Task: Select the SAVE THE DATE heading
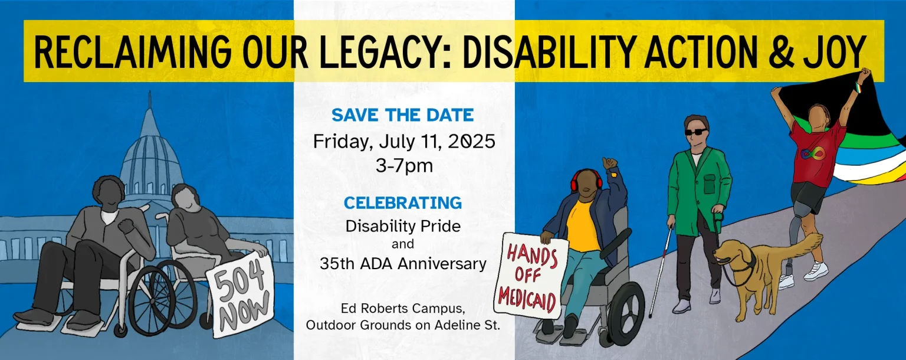tap(403, 114)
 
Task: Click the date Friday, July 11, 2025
tap(403, 142)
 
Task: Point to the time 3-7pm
tap(404, 166)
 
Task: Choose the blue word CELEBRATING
tap(403, 203)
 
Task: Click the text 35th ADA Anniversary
tap(403, 263)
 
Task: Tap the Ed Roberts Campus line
tap(403, 308)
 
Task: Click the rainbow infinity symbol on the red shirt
tap(813, 155)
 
